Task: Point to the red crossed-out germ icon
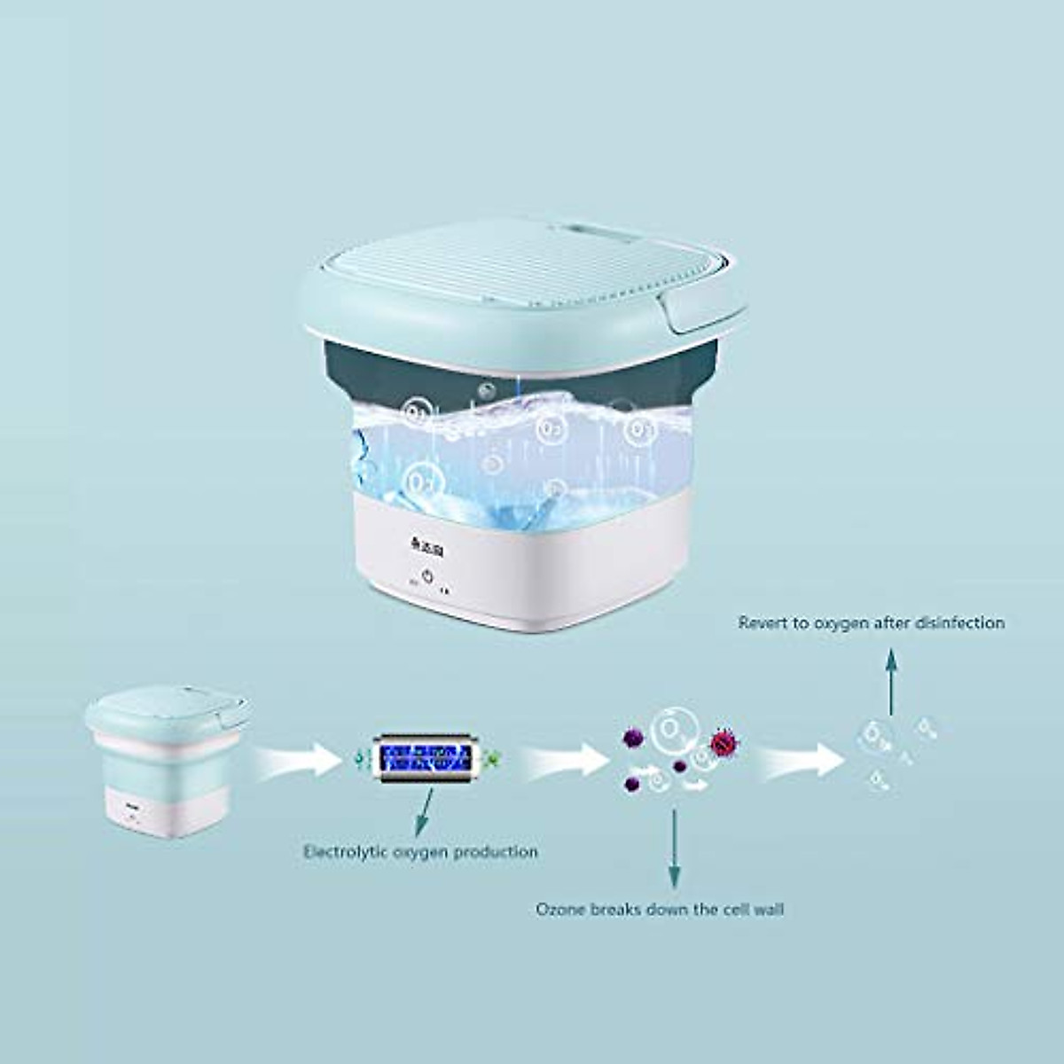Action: (x=724, y=743)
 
